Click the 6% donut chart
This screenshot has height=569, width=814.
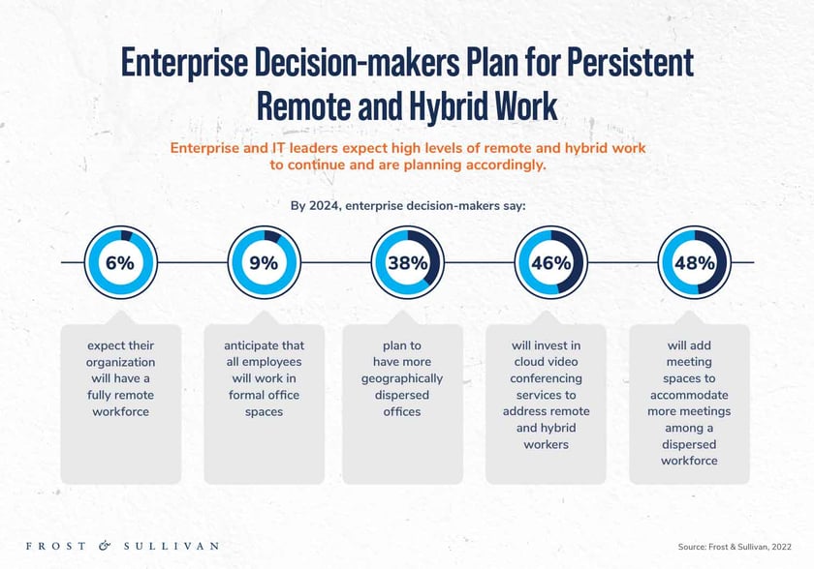click(120, 263)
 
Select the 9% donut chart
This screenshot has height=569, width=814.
click(263, 263)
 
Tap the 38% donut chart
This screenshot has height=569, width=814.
click(405, 263)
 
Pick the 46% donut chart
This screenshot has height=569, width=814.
click(549, 263)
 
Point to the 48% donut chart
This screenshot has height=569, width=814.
click(693, 263)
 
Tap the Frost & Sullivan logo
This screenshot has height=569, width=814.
click(121, 546)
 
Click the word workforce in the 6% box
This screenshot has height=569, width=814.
click(120, 411)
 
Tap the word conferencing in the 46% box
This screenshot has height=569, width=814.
click(546, 378)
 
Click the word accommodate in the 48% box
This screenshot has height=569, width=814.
click(689, 395)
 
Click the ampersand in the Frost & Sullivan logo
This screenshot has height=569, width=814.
click(105, 546)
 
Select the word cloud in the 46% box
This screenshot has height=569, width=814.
click(529, 362)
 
